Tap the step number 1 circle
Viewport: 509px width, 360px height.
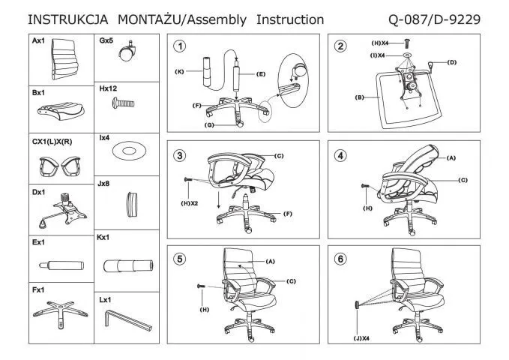tap(180, 46)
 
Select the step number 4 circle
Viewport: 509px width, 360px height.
tap(342, 156)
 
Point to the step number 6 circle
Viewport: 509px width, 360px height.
tap(342, 259)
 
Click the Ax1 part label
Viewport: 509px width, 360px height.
tap(39, 42)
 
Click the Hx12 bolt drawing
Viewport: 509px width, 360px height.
tap(124, 108)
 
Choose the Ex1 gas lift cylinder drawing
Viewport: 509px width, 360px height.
tap(60, 265)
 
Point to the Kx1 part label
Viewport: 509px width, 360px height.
tap(104, 238)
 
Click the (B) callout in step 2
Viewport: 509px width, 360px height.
tap(359, 97)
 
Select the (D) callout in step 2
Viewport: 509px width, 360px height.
tap(452, 61)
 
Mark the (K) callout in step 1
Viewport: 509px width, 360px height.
tap(180, 71)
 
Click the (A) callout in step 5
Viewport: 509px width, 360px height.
tap(271, 260)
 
